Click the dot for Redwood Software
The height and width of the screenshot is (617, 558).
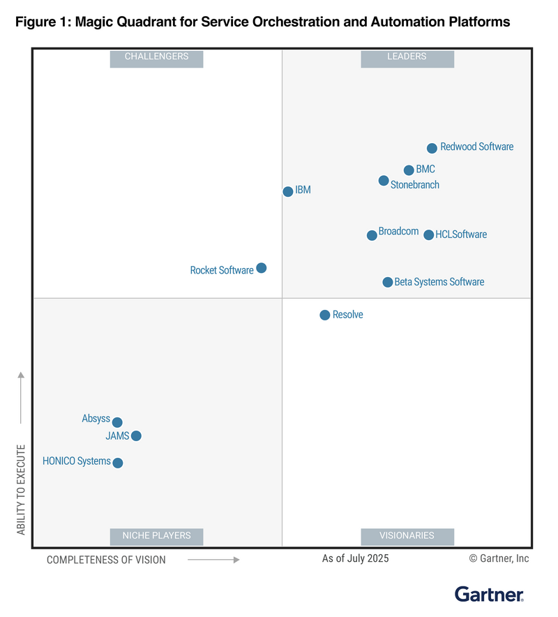click(432, 148)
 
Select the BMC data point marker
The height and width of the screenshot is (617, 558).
click(409, 170)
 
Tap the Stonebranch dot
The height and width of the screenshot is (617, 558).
click(384, 181)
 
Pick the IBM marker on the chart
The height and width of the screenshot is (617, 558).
click(288, 191)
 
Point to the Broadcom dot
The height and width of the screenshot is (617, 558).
click(372, 235)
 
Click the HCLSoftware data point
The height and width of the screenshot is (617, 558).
click(429, 235)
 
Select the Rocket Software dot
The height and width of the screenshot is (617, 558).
click(262, 268)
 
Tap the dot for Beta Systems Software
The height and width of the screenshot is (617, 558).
click(388, 282)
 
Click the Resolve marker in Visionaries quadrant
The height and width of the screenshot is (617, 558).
click(325, 315)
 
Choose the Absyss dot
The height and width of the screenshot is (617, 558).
click(117, 422)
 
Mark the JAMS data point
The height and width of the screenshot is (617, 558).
click(136, 436)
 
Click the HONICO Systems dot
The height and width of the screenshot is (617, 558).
click(118, 463)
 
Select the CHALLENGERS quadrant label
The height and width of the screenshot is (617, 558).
click(156, 57)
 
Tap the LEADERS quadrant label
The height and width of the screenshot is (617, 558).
click(407, 57)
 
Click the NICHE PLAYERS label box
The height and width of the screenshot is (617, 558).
click(156, 536)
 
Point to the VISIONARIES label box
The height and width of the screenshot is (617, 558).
click(407, 536)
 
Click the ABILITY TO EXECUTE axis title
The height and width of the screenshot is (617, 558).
click(21, 489)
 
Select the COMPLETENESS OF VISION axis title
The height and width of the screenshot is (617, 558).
click(106, 560)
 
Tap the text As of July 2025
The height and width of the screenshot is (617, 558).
click(356, 558)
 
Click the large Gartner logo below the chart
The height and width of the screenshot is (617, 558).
click(490, 594)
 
